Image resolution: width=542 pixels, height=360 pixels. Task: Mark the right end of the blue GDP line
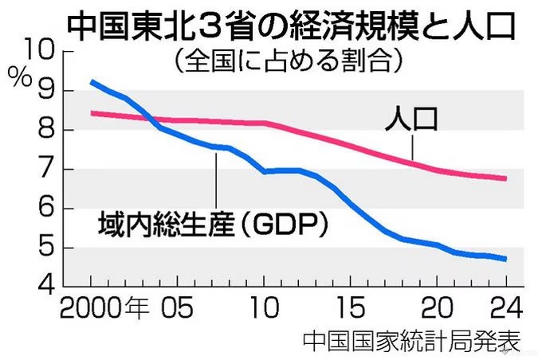coord(506,259)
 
